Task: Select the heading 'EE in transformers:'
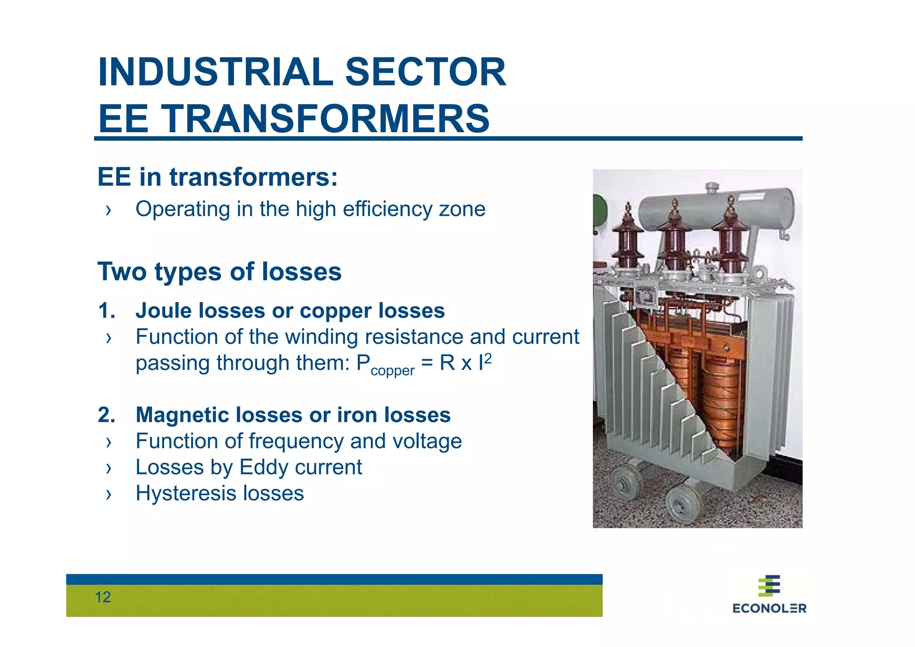click(x=218, y=177)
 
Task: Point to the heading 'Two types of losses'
click(x=219, y=272)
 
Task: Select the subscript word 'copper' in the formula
click(x=392, y=371)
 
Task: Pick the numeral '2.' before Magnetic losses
click(x=107, y=415)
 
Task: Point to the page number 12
click(x=103, y=597)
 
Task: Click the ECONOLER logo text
click(x=769, y=608)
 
